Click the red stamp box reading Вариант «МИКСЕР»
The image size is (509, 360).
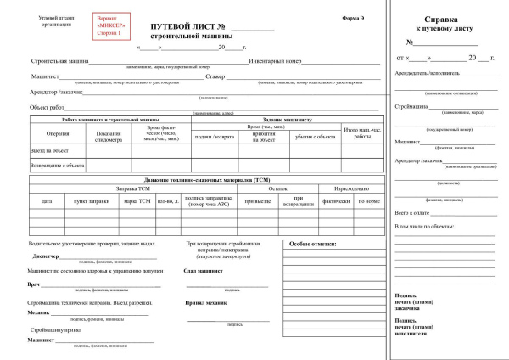tap(103, 25)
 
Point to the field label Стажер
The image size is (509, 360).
tap(215, 76)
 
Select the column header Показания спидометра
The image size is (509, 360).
tap(109, 137)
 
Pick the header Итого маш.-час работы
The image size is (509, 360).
tap(362, 132)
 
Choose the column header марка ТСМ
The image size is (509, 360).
tap(137, 201)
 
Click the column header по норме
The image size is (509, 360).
tap(368, 201)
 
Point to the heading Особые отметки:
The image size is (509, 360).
tap(312, 244)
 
